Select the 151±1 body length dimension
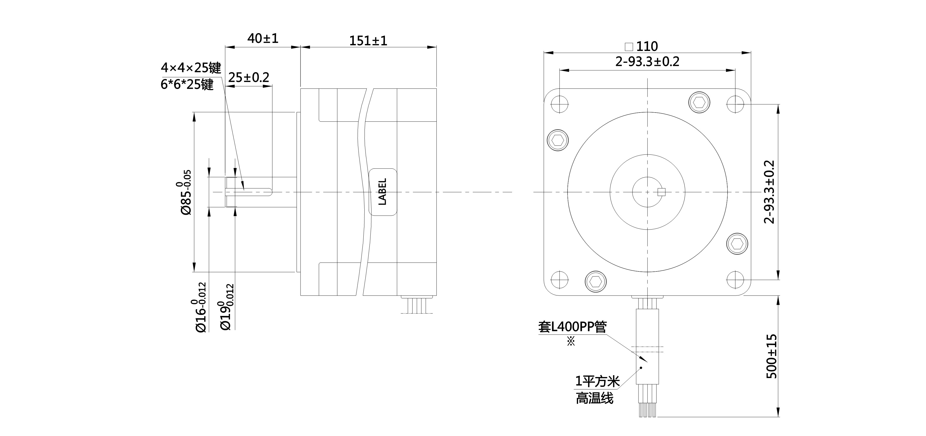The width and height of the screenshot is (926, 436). tap(368, 41)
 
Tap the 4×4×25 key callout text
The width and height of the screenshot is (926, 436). tap(191, 68)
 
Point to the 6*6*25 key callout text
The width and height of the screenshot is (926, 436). tap(187, 84)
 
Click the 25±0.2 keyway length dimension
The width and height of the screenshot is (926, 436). tap(249, 77)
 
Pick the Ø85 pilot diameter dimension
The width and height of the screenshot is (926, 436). tap(186, 193)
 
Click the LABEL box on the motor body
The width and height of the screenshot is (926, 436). tap(383, 192)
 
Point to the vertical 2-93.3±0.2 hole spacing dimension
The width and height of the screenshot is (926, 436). tap(769, 192)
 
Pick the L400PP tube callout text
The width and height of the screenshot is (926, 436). tap(572, 327)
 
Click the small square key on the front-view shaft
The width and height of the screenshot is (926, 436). tap(662, 192)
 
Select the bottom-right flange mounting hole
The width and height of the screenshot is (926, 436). tap(735, 280)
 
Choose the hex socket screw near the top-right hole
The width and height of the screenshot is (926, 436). tap(699, 103)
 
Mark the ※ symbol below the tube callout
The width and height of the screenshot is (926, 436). tap(571, 341)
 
